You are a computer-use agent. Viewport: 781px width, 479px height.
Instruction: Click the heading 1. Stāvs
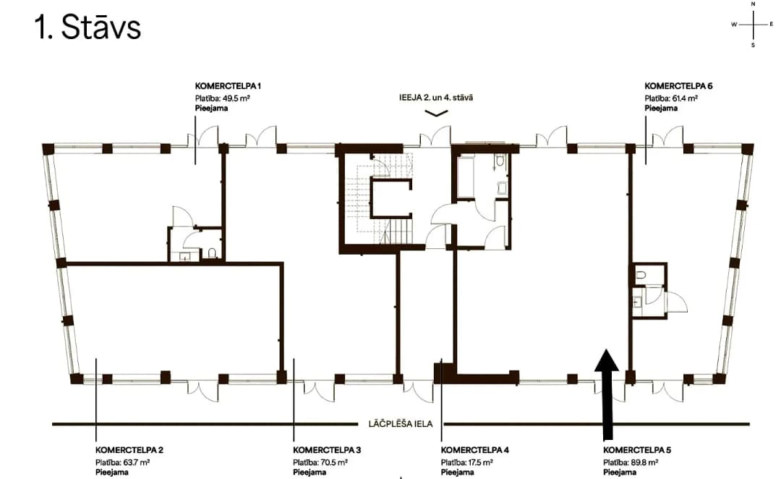point(88,27)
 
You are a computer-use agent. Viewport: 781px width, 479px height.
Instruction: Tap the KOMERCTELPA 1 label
point(228,86)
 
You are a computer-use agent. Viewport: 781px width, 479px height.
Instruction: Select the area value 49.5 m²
point(236,98)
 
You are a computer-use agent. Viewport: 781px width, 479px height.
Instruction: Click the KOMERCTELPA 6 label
point(678,86)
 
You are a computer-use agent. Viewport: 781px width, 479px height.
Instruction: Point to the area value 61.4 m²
point(686,98)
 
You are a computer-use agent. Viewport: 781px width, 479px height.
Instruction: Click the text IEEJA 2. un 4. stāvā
point(436,98)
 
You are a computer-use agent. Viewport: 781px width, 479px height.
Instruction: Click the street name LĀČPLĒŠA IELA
point(401,424)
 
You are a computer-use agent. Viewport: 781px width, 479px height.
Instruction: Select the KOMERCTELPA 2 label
point(129,450)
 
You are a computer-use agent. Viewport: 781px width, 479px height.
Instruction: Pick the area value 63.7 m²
point(136,462)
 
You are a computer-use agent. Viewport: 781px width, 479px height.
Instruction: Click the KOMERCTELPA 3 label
point(327,450)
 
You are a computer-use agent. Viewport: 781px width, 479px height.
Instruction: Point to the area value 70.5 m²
point(333,462)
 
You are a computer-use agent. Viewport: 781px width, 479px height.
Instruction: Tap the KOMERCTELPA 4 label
point(474,450)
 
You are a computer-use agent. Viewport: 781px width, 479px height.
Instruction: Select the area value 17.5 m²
point(481,462)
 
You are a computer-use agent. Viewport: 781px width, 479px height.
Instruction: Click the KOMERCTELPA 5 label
point(637,450)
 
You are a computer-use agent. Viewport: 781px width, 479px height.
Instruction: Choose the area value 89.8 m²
point(644,462)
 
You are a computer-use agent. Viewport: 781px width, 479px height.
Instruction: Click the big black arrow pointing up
point(607,394)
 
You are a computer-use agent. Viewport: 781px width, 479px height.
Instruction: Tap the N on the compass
point(753,4)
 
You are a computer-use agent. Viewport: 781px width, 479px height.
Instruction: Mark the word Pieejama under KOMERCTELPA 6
point(661,108)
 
